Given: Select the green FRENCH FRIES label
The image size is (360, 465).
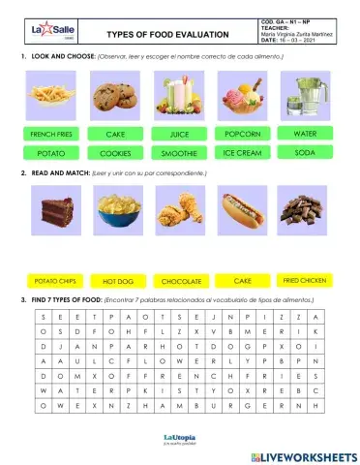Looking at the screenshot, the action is click(49, 134).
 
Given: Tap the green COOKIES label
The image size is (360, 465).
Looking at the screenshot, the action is click(115, 153).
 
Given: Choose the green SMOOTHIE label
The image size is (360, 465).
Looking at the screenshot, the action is click(180, 153).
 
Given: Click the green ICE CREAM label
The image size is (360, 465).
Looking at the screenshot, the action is click(243, 153).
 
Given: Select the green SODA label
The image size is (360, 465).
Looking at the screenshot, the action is click(305, 153).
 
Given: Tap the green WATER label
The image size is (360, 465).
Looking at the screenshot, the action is click(305, 133).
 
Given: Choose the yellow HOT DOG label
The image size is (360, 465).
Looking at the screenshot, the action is click(117, 281).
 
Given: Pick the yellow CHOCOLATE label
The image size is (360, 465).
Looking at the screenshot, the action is click(182, 281).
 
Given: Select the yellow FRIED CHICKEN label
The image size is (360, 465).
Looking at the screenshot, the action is click(304, 280).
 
